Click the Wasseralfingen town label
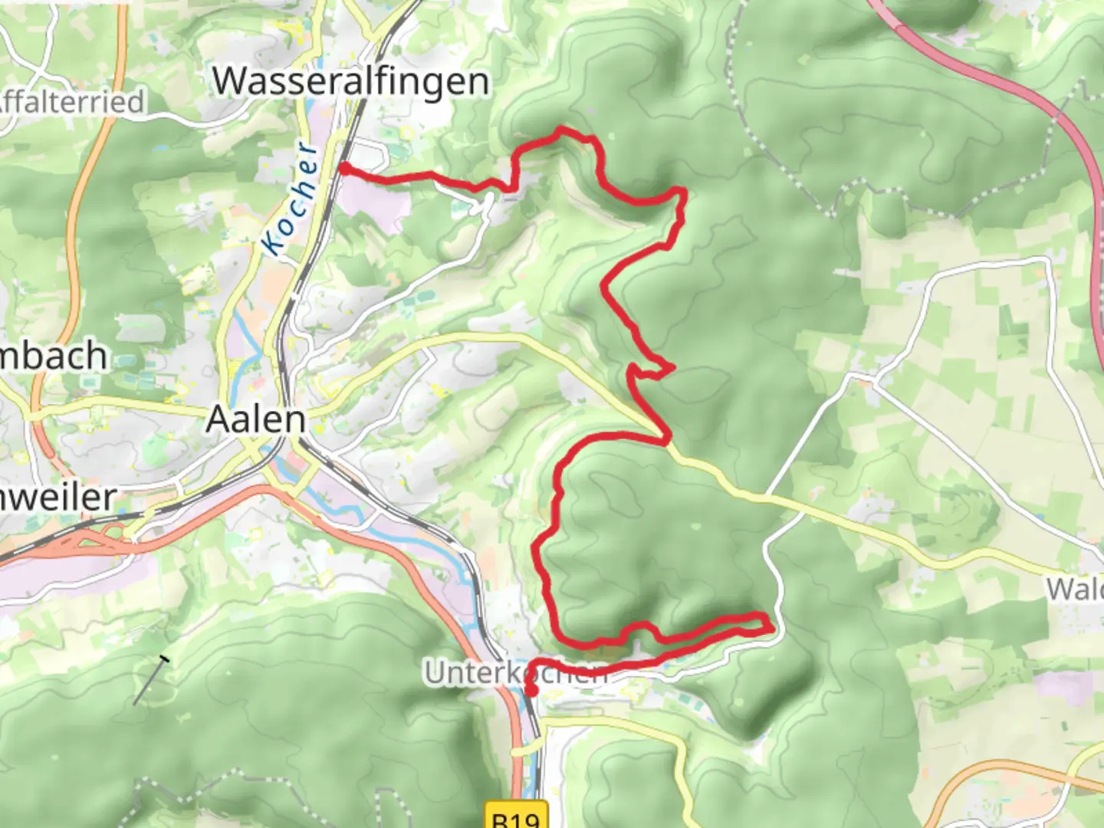[x=350, y=80]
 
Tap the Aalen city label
[x=256, y=419]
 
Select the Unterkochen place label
[x=515, y=673]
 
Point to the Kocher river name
[x=288, y=199]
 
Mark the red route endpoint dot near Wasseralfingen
[x=346, y=169]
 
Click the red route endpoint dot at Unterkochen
[x=530, y=691]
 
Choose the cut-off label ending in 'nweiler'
[x=57, y=498]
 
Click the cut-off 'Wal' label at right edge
[x=1075, y=589]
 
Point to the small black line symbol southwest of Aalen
[x=151, y=679]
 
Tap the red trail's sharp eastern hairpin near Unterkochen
[x=769, y=627]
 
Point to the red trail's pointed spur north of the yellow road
[x=672, y=369]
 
